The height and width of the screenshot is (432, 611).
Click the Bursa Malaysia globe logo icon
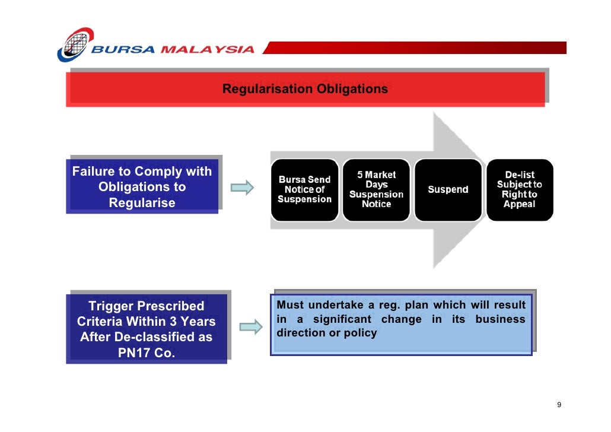pyautogui.click(x=75, y=44)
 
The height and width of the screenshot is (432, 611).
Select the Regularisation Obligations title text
pyautogui.click(x=305, y=89)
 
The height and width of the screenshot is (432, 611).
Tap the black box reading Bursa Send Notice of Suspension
pyautogui.click(x=304, y=190)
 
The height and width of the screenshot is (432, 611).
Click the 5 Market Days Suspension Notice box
pyautogui.click(x=376, y=190)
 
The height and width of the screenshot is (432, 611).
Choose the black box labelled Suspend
pyautogui.click(x=448, y=190)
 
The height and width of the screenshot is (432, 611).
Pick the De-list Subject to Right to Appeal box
pyautogui.click(x=520, y=190)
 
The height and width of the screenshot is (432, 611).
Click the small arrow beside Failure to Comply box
pyautogui.click(x=242, y=188)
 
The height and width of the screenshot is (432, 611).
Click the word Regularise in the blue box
pyautogui.click(x=142, y=203)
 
